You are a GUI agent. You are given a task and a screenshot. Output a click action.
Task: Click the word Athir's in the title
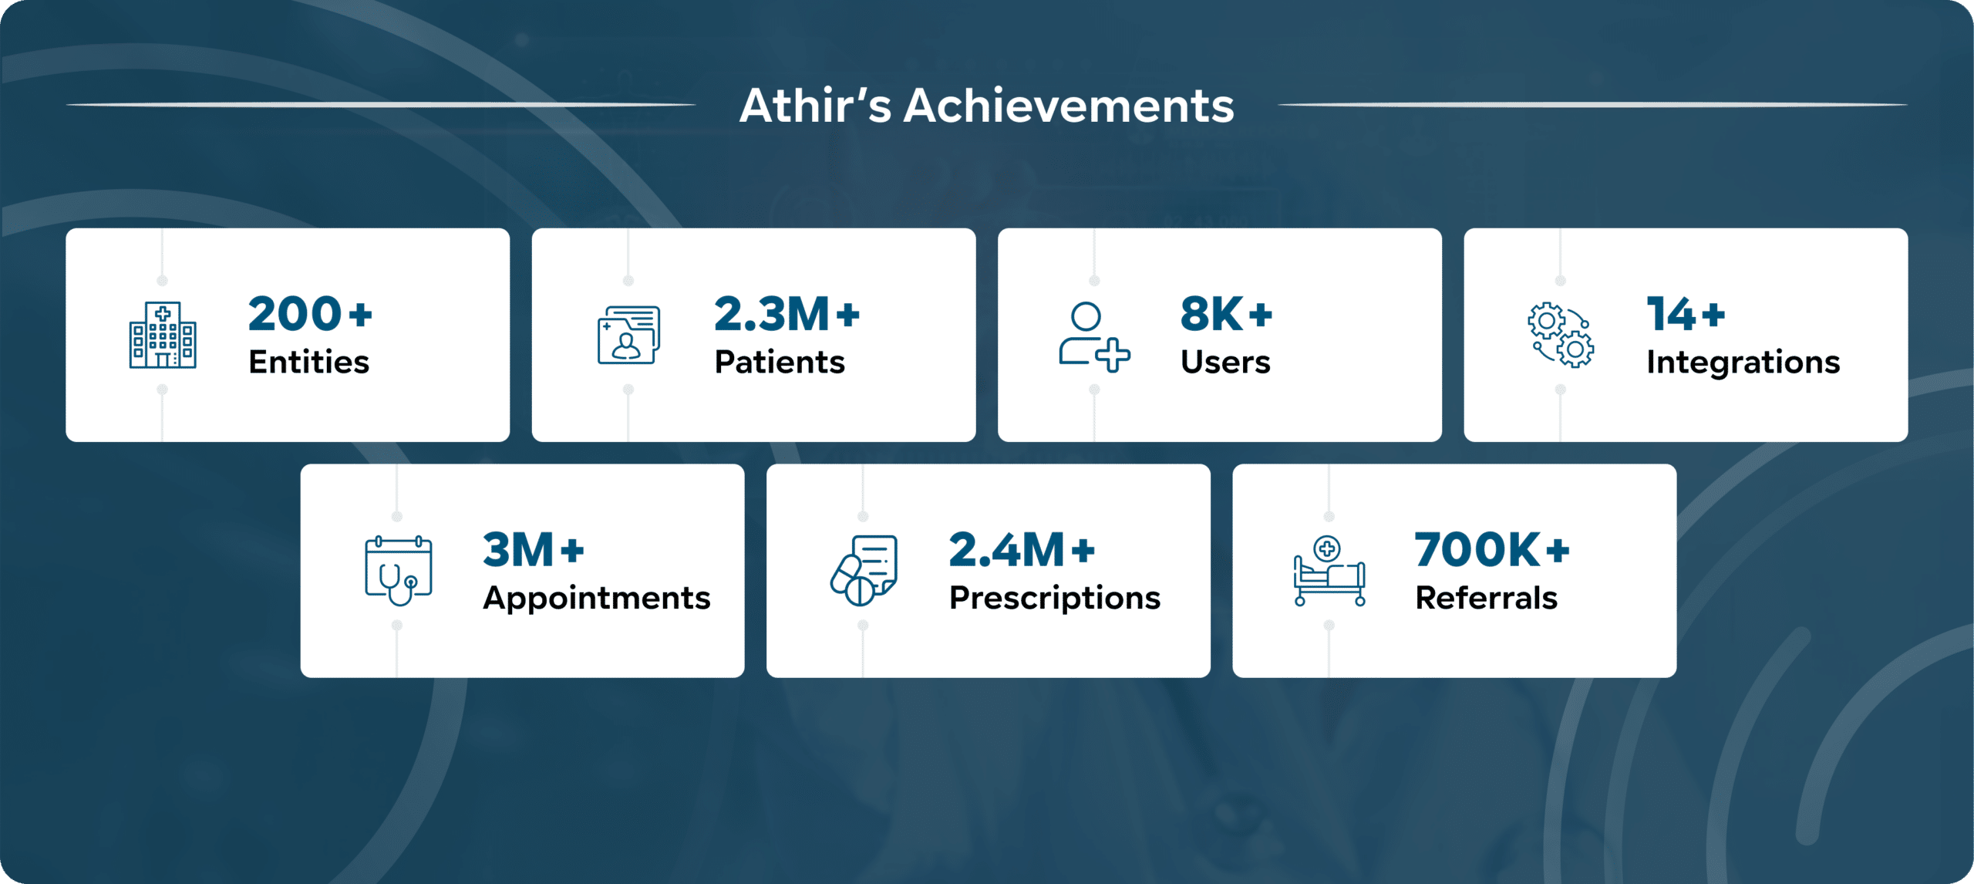815,106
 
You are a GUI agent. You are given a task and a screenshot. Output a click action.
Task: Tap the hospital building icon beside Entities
163,335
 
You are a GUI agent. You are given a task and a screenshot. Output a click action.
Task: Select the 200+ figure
310,314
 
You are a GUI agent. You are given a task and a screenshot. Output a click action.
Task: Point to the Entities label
308,362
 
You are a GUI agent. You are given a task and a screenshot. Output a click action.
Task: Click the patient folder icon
628,335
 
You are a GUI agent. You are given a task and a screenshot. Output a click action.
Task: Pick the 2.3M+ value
787,314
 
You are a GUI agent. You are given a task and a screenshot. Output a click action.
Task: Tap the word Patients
780,362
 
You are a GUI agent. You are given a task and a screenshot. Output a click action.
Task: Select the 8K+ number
1226,314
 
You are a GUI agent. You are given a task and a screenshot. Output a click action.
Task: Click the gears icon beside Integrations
1561,336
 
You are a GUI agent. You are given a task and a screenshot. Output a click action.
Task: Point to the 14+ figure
1686,314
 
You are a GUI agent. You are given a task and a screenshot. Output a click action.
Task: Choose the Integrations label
1743,362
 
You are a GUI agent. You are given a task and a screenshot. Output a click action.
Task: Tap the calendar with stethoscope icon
398,571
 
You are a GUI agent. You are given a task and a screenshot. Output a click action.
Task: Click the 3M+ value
534,550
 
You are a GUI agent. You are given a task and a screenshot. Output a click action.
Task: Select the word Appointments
596,598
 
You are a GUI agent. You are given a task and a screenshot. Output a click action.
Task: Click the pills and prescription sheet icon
864,571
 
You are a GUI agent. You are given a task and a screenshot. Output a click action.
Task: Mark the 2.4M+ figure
1022,550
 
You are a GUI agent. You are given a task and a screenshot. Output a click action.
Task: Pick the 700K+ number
1492,550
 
